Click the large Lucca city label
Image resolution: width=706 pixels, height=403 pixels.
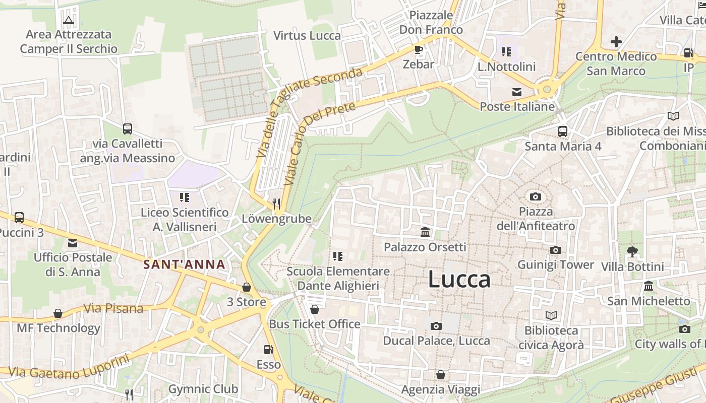click(459, 279)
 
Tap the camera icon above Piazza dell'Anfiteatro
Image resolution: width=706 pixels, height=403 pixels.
click(536, 196)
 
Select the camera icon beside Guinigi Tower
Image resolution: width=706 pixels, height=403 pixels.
click(555, 250)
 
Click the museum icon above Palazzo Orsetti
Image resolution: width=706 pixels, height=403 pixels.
click(425, 232)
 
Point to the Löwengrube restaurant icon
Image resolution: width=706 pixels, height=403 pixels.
click(276, 204)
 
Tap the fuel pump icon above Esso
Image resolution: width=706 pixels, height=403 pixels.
click(269, 350)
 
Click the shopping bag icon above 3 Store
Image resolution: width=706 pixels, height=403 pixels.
click(247, 287)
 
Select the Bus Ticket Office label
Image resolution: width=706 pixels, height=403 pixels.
click(315, 324)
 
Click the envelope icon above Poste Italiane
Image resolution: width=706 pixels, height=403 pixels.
click(517, 92)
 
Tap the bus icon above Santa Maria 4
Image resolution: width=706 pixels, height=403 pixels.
click(563, 131)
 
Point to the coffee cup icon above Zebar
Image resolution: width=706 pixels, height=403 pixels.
click(418, 49)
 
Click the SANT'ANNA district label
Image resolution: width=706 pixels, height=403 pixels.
click(184, 264)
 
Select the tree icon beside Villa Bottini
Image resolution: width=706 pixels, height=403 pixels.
click(632, 251)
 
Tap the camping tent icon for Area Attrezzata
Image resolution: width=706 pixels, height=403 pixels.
click(69, 20)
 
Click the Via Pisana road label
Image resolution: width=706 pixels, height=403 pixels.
click(113, 308)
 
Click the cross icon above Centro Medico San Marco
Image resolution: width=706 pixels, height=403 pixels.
click(616, 42)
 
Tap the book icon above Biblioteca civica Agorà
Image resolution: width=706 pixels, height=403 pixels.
click(551, 316)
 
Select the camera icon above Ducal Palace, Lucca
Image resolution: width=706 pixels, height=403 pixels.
click(436, 326)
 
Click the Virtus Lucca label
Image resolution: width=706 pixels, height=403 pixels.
click(307, 36)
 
